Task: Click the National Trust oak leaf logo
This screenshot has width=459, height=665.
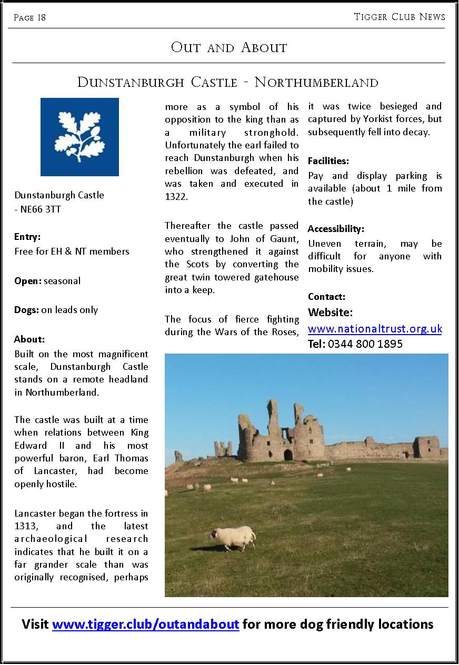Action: [79, 137]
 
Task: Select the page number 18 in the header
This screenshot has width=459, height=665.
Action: [41, 18]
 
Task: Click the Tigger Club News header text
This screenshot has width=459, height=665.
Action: [400, 17]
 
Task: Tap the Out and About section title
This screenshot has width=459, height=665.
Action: [229, 47]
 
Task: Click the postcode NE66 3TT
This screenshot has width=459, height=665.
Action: [41, 209]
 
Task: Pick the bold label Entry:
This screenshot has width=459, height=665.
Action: [27, 237]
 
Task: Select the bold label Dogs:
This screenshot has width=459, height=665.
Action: [26, 310]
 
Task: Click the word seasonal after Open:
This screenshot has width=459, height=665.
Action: [62, 281]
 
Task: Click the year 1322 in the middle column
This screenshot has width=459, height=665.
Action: [176, 197]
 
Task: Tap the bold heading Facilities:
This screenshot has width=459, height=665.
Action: [328, 161]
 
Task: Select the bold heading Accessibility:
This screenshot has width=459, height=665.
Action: [336, 229]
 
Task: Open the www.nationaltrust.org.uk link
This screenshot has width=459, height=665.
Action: [375, 329]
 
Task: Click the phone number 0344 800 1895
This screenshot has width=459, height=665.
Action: [365, 344]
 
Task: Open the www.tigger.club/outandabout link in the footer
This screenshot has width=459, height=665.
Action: [146, 624]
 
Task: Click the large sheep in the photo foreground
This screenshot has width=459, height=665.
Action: [234, 538]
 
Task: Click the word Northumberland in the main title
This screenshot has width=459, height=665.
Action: [316, 83]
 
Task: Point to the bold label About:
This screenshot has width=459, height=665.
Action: [29, 339]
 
